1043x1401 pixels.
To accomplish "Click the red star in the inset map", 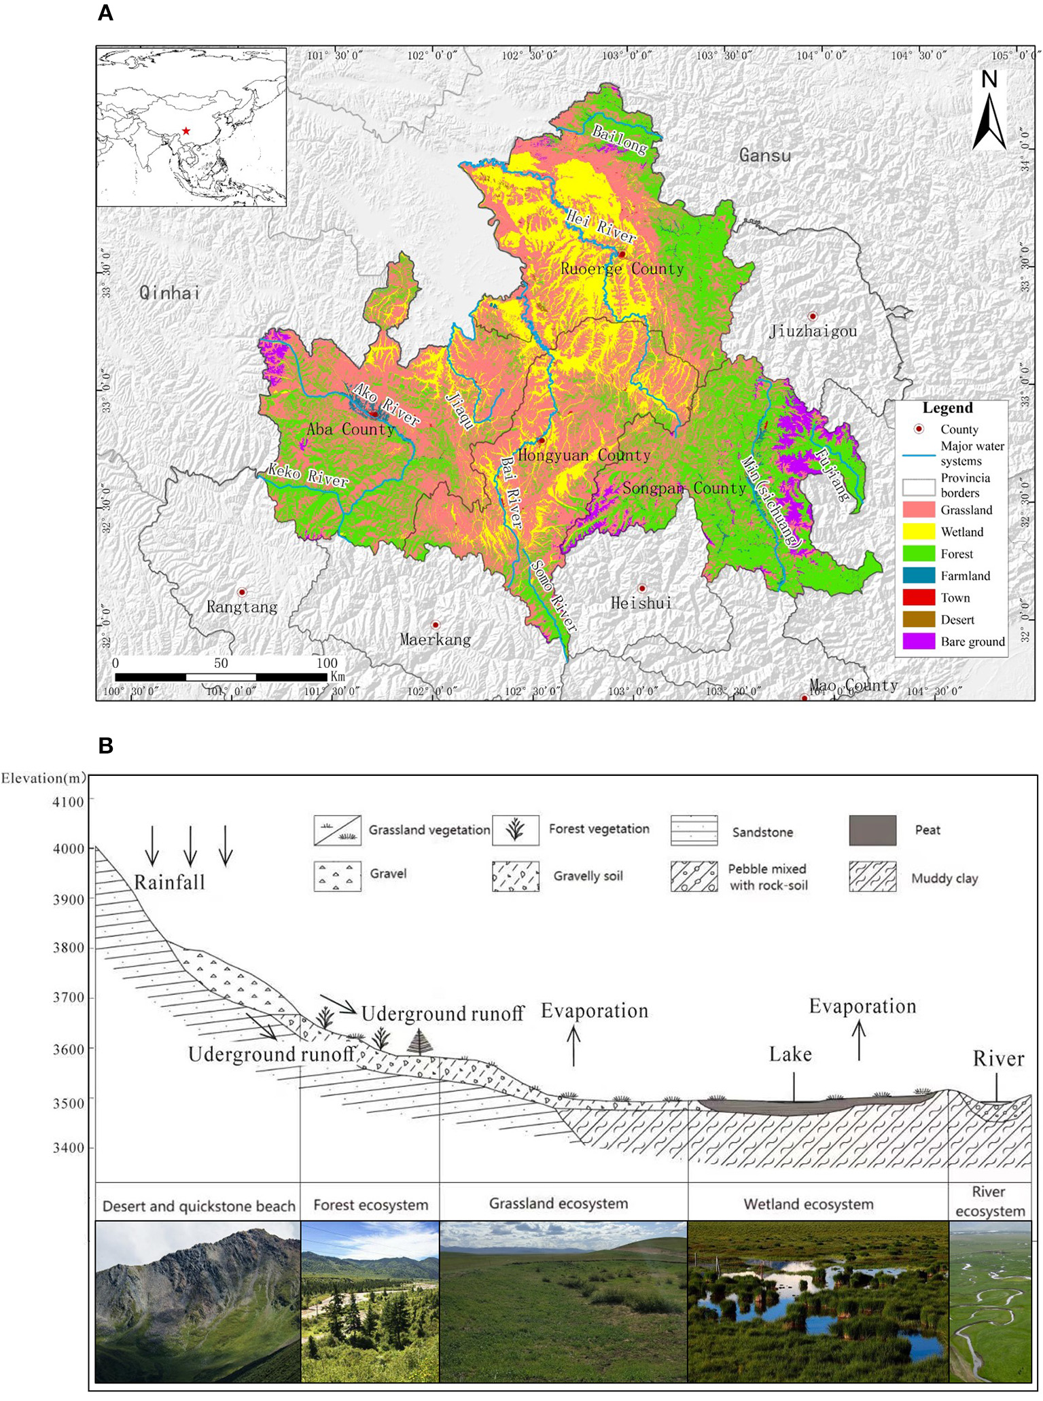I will coord(185,131).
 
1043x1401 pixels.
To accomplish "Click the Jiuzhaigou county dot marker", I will coord(812,317).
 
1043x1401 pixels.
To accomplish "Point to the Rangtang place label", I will coord(242,607).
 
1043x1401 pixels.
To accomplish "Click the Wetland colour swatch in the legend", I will coord(919,532).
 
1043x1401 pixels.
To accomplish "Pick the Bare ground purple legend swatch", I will coord(919,641).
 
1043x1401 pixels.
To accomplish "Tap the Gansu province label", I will coord(765,156).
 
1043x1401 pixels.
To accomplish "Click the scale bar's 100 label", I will coord(326,663).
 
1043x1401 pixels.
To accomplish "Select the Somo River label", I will coord(554,595).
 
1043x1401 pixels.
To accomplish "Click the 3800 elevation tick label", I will coord(68,948).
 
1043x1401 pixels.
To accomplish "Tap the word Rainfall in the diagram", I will coord(169,883).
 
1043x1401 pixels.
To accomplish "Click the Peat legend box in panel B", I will coord(872,830).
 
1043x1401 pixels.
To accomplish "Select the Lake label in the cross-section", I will coord(790,1054).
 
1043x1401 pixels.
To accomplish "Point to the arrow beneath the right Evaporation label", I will coord(859,1041).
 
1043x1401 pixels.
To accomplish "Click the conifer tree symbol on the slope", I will coord(420,1042).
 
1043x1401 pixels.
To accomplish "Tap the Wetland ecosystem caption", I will coord(808,1205).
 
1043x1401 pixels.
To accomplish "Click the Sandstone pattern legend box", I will coord(694,830).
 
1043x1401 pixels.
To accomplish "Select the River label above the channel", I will coord(997,1059).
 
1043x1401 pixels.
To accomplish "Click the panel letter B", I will coord(105,745).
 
